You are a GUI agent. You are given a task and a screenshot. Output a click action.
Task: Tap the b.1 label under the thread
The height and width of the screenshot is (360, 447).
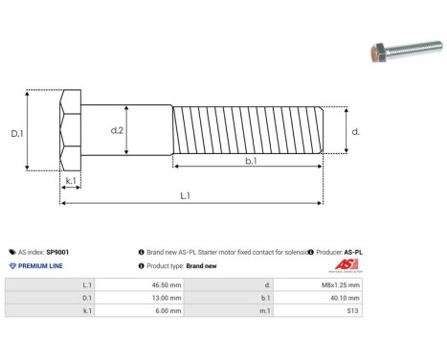click(x=250, y=162)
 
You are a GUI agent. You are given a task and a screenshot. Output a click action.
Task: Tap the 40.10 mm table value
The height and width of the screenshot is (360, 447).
click(x=342, y=298)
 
